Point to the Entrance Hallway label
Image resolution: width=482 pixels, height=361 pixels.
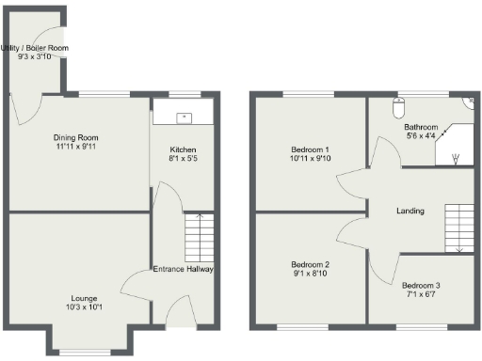click(x=184, y=269)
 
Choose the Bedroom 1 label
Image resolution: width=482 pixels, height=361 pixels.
click(x=310, y=149)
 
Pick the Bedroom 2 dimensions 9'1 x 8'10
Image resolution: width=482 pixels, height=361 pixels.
click(x=310, y=275)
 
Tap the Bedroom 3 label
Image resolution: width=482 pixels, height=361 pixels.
click(x=421, y=285)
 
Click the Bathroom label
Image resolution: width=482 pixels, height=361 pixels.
click(x=421, y=127)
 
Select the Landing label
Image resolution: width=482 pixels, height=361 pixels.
click(x=410, y=211)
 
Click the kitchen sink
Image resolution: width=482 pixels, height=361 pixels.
click(x=184, y=118)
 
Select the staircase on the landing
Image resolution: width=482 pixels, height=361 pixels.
click(x=458, y=227)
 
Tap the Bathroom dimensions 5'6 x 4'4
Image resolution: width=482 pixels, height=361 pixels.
click(x=421, y=137)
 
